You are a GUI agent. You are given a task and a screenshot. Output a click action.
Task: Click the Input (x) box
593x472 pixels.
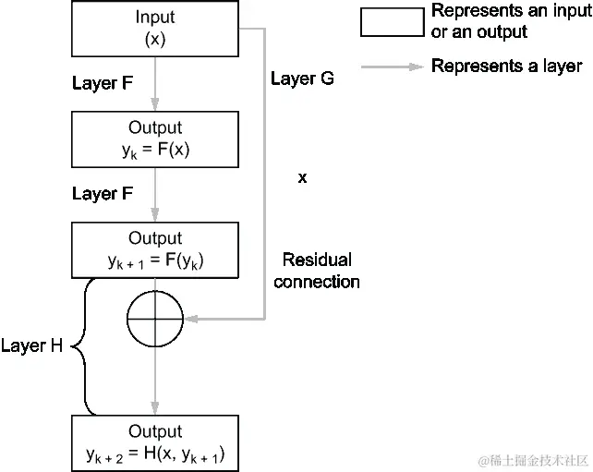(x=154, y=29)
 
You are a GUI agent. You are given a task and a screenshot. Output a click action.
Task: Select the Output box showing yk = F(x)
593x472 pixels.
(x=154, y=138)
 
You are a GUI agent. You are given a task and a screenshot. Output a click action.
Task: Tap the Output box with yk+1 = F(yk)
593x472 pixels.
(x=154, y=249)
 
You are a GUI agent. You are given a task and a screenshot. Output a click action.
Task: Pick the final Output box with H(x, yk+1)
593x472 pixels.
(x=154, y=442)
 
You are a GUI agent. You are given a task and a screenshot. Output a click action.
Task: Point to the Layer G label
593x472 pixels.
(x=302, y=79)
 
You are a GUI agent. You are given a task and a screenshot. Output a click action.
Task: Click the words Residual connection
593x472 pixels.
(x=317, y=271)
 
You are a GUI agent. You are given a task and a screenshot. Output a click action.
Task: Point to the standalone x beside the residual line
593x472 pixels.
(x=302, y=176)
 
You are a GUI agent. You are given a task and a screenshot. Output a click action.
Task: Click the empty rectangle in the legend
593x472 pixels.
(x=391, y=21)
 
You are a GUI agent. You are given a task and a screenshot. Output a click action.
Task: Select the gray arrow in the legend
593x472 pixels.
(x=391, y=67)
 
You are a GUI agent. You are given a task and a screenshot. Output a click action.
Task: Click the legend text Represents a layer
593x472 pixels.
(x=506, y=67)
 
